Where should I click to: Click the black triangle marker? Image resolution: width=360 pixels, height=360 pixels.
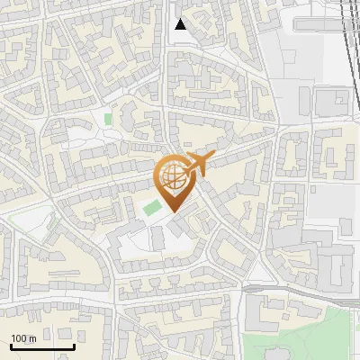(181, 24)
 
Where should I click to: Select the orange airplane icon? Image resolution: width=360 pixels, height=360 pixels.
(197, 165)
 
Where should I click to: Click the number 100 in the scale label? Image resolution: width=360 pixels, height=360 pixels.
(20, 338)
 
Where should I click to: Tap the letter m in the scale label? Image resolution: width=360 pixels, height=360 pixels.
(33, 338)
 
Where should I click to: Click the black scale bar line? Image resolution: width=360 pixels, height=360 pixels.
(41, 347)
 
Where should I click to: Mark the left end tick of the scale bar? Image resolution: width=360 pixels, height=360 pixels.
(11, 346)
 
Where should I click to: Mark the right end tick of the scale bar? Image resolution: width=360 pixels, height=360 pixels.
(74, 346)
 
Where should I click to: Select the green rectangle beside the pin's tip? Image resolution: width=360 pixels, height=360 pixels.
(151, 209)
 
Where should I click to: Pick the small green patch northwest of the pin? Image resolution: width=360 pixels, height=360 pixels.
(108, 118)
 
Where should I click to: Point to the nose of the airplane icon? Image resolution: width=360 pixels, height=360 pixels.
(213, 158)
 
